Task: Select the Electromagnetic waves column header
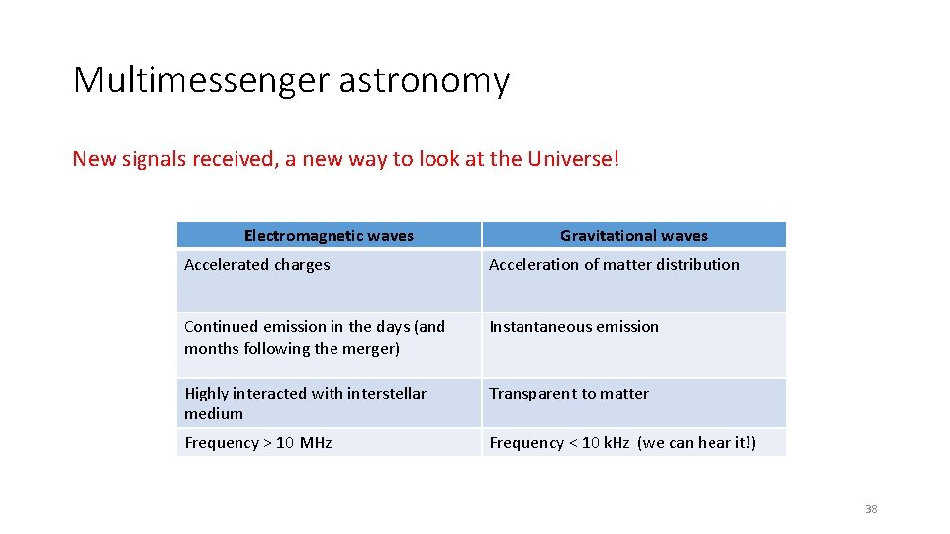click(x=329, y=235)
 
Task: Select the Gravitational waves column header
click(x=633, y=235)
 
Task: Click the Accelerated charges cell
click(x=257, y=264)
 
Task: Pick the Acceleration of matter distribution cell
click(x=614, y=264)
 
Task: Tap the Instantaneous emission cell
click(x=574, y=326)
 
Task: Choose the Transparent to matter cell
click(x=569, y=393)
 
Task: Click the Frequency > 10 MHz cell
click(x=257, y=442)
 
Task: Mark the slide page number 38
click(x=871, y=509)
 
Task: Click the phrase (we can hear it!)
click(x=698, y=442)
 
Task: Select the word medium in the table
click(x=214, y=413)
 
